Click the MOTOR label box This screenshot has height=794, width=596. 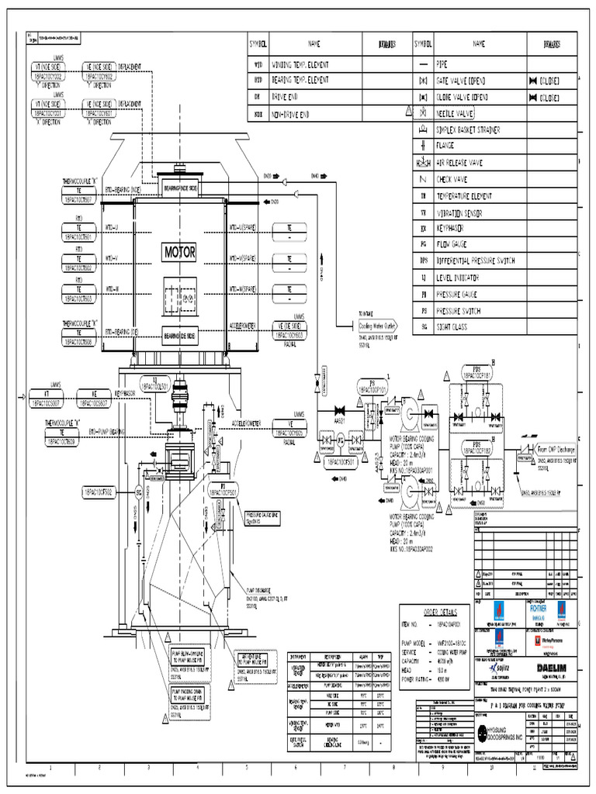click(179, 252)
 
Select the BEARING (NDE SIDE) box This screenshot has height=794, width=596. click(179, 188)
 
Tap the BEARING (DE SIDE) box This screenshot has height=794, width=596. click(179, 334)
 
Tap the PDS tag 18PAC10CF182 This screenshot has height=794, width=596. click(478, 447)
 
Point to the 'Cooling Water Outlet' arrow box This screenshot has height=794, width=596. click(377, 326)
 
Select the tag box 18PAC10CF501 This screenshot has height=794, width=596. click(341, 462)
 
